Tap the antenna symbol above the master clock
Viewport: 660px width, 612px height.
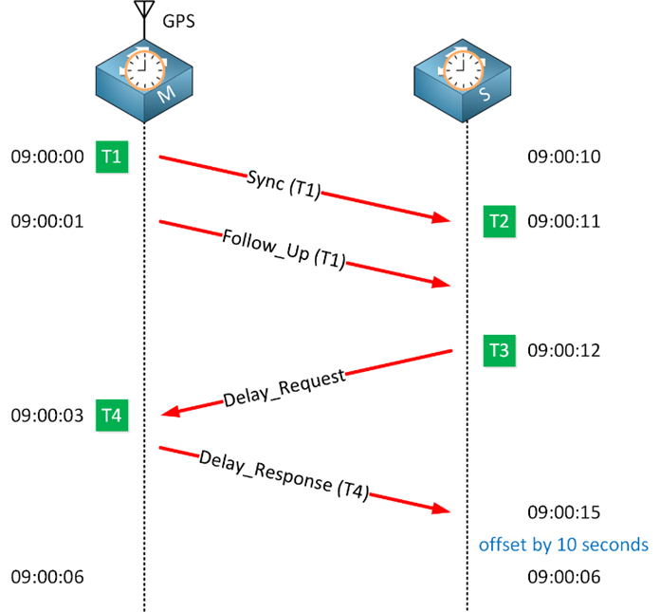point(144,12)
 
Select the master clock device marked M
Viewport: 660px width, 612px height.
point(144,80)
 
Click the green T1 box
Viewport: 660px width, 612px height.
point(111,157)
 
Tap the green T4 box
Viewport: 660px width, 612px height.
point(111,415)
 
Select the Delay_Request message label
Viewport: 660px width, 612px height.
point(284,385)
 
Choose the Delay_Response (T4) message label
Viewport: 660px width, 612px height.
point(284,475)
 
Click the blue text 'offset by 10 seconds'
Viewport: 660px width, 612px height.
point(563,545)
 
